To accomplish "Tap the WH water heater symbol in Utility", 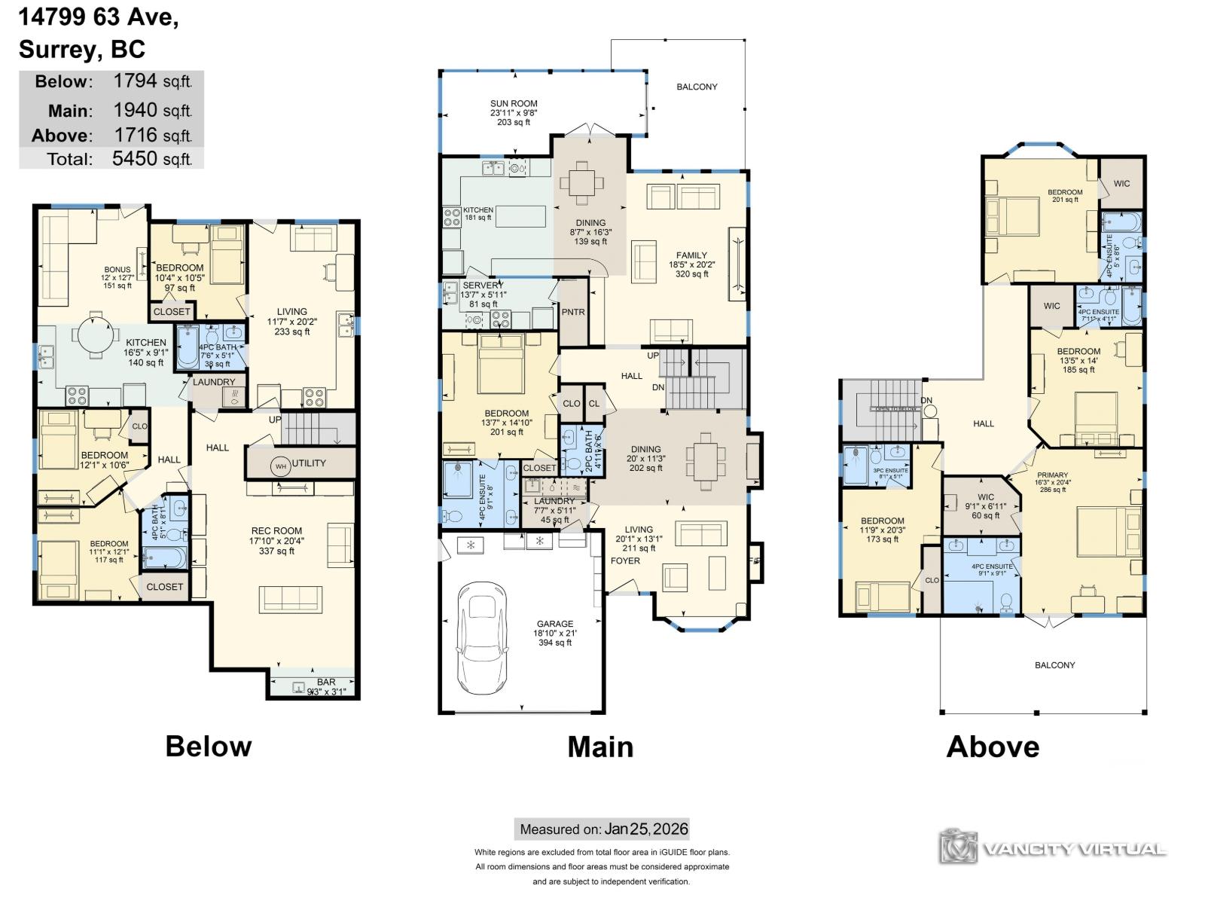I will pyautogui.click(x=280, y=466).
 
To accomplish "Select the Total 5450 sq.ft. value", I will pyautogui.click(x=151, y=159).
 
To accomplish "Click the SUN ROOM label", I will pyautogui.click(x=514, y=104).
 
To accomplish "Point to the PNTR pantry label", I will pyautogui.click(x=573, y=312).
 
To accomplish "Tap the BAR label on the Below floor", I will pyautogui.click(x=325, y=682).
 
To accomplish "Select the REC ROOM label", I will pyautogui.click(x=276, y=530).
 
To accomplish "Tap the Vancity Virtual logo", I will pyautogui.click(x=1053, y=847).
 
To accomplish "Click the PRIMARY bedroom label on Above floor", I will pyautogui.click(x=1052, y=475).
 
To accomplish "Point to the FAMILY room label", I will pyautogui.click(x=691, y=255).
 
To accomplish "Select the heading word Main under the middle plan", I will pyautogui.click(x=600, y=747).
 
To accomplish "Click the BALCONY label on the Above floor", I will pyautogui.click(x=1054, y=665).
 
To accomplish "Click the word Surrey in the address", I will pyautogui.click(x=59, y=50).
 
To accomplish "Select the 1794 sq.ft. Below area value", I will pyautogui.click(x=151, y=81).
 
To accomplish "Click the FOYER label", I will pyautogui.click(x=625, y=560).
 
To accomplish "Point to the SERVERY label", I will pyautogui.click(x=483, y=286).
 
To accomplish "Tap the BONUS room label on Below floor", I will pyautogui.click(x=117, y=269).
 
